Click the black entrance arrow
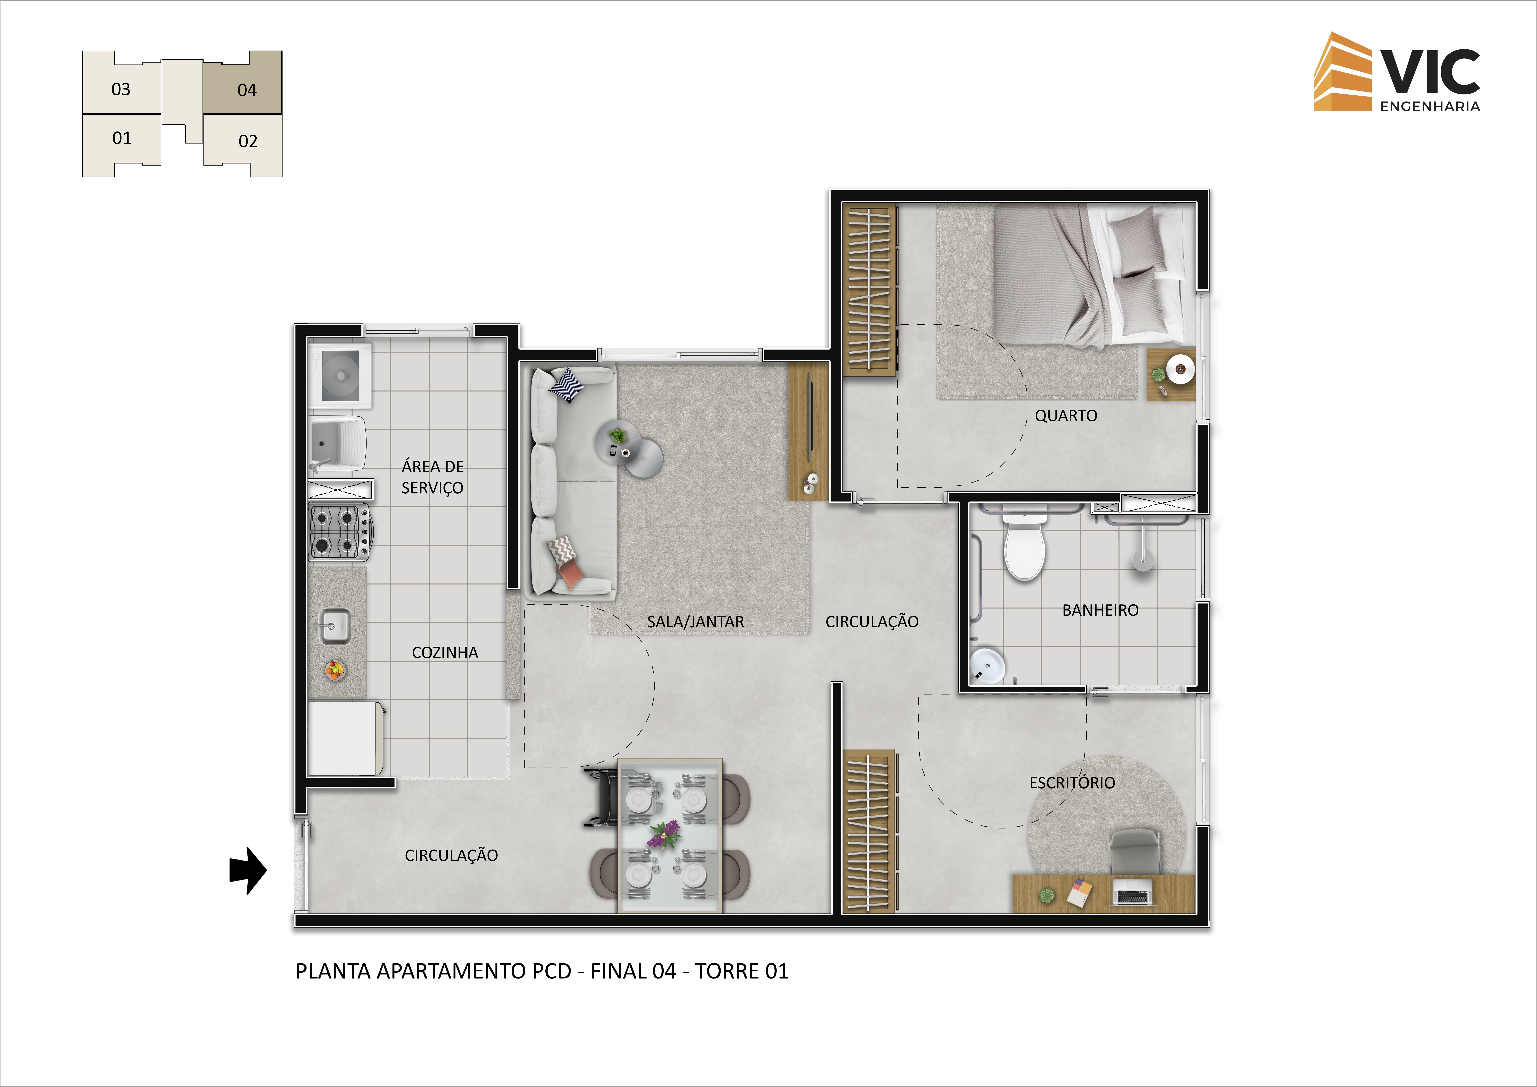[248, 870]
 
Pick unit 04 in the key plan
[242, 82]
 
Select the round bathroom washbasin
[987, 665]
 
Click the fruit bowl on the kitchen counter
[335, 669]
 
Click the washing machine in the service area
[340, 376]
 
